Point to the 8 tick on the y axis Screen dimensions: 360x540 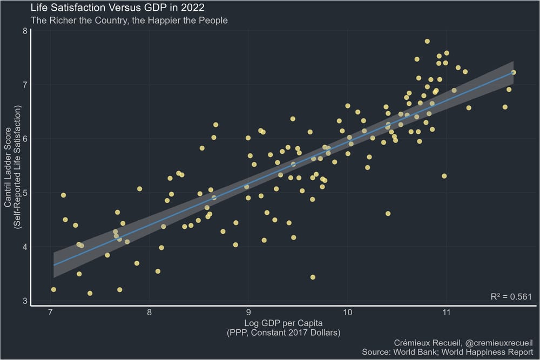24,31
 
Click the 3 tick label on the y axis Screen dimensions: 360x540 24,301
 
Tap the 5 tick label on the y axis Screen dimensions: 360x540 24,193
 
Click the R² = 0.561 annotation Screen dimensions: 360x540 511,296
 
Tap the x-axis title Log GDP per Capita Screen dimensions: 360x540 283,323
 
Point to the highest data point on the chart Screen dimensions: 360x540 427,41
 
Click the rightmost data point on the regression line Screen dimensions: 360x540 514,72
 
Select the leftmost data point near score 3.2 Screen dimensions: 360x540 53,290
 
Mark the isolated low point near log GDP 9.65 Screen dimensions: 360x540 313,277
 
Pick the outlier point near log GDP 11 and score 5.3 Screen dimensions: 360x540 444,176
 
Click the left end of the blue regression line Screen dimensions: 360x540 55,264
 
